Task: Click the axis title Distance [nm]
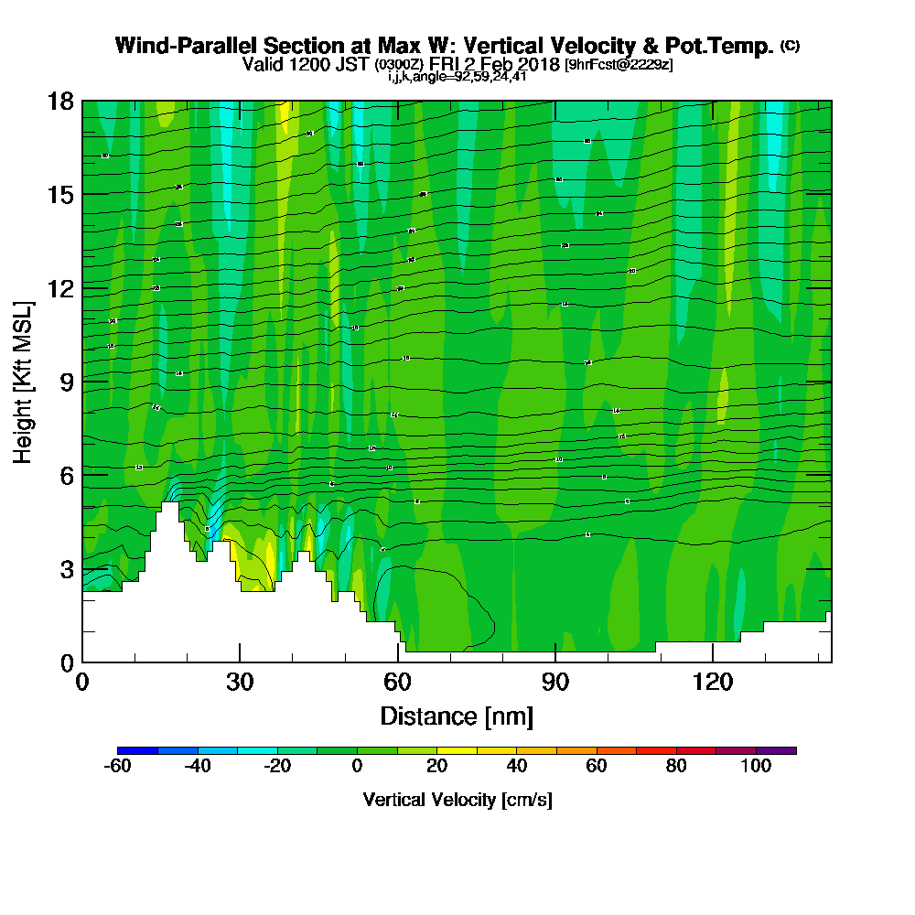[457, 716]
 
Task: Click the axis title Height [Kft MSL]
[23, 381]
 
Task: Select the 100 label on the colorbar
[756, 767]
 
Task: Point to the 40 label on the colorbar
[517, 767]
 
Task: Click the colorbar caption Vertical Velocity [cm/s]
[457, 800]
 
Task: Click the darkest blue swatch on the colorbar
[137, 750]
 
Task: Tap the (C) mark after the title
[790, 46]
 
